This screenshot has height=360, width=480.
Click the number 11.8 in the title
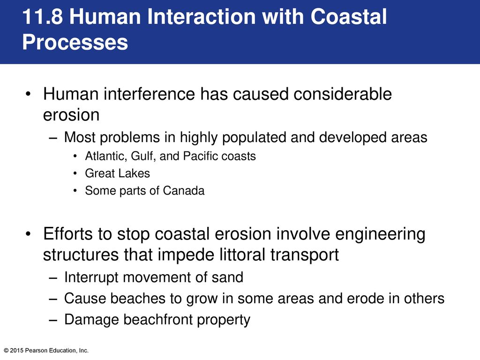pyautogui.click(x=43, y=16)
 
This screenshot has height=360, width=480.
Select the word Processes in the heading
pyautogui.click(x=75, y=42)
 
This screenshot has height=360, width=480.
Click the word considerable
pyautogui.click(x=343, y=94)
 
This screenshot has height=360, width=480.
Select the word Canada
pyautogui.click(x=183, y=190)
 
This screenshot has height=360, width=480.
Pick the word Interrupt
pyautogui.click(x=91, y=277)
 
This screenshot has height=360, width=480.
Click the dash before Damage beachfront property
pyautogui.click(x=53, y=320)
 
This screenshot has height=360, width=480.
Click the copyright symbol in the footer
pyautogui.click(x=6, y=351)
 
